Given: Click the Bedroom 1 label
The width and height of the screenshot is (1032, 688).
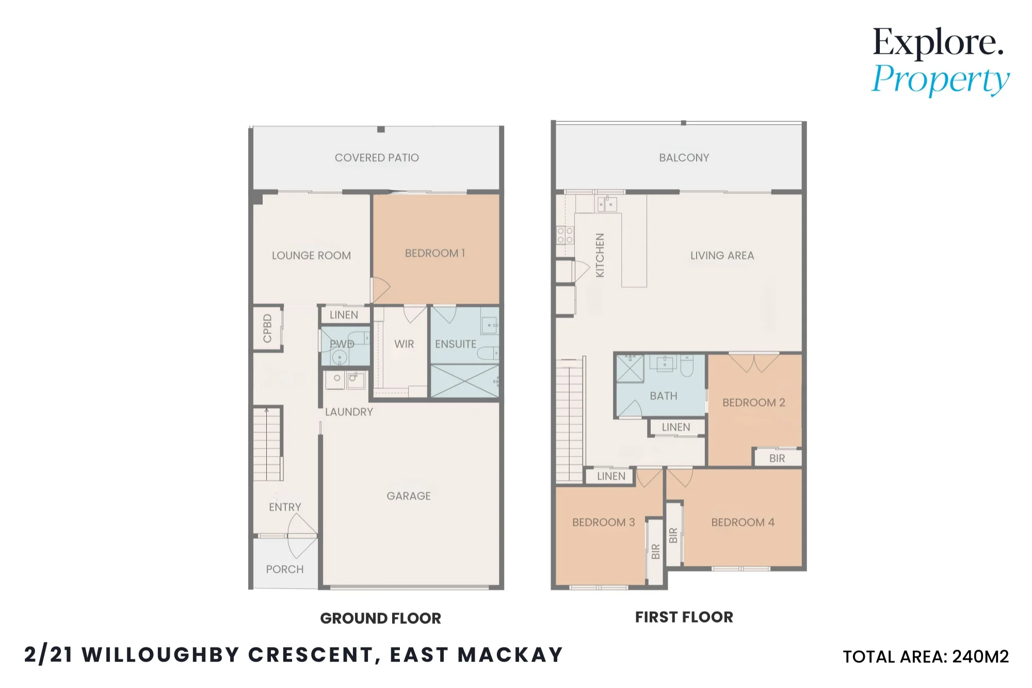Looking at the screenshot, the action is pos(435,253).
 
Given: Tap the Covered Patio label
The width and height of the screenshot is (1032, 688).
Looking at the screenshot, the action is pos(377,158).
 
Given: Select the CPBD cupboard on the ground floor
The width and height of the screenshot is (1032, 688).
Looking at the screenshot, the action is pos(267,329).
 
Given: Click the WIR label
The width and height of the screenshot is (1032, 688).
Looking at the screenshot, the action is pos(404,344).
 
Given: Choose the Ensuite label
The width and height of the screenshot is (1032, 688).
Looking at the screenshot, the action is pos(456,344).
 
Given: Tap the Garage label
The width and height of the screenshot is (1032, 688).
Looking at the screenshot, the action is pos(409,496).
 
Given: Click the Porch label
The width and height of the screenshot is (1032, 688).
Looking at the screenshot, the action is pos(285,569).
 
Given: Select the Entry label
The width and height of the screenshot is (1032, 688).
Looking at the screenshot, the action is pos(285,507).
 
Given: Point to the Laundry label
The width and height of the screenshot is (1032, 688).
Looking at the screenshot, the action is pos(349,412).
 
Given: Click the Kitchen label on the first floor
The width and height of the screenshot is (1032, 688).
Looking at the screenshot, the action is pos(600,255).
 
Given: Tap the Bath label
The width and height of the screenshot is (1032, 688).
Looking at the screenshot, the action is pos(664,396).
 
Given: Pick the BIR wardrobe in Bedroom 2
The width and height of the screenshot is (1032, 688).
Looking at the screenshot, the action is pos(778,458).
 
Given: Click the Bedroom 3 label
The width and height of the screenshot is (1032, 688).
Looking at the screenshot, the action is pos(604,522).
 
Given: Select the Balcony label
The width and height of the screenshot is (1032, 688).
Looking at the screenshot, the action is pos(684,158).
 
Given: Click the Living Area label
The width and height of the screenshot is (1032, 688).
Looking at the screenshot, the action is pos(722,256).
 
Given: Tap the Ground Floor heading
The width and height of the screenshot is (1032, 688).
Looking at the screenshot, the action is pos(381,618).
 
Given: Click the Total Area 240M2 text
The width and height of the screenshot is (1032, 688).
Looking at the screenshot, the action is pos(926,657).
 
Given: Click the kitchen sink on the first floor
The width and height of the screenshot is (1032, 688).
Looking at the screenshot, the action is pos(607,204).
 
